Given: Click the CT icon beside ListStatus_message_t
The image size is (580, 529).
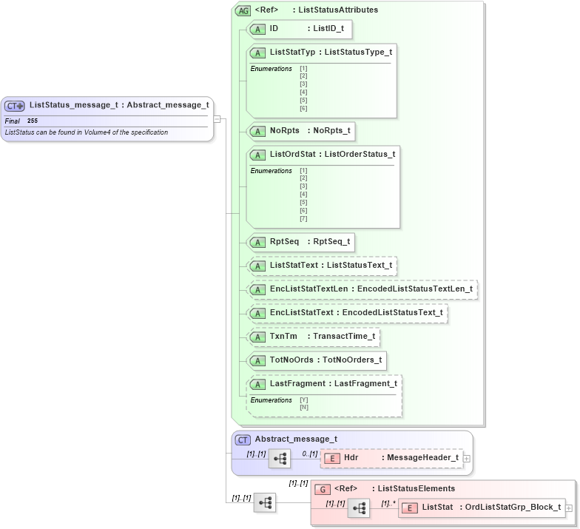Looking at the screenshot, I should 15,106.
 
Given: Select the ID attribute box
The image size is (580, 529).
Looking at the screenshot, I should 299,29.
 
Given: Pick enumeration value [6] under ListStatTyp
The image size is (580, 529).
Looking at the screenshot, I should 303,108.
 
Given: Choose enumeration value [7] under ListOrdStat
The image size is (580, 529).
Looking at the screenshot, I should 303,218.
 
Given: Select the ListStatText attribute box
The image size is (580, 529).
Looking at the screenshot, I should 323,265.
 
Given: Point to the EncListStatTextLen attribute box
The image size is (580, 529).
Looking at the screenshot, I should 362,289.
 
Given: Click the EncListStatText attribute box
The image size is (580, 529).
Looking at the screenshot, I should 348,313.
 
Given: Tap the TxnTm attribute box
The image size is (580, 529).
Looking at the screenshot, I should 314,337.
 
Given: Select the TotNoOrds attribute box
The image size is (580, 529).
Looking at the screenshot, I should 317,360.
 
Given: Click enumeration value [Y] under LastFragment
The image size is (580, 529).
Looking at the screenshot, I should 304,400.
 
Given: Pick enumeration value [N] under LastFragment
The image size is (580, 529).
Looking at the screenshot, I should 304,407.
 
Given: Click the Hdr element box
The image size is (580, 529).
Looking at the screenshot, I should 391,458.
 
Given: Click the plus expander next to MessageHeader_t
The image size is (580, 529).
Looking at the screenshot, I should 467,459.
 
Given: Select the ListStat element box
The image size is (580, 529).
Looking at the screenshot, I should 481,508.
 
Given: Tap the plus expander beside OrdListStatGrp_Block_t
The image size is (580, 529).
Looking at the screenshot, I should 569,508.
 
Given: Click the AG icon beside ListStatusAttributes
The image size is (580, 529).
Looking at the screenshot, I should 243,10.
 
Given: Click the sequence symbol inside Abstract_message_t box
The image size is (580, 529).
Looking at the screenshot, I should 280,459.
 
